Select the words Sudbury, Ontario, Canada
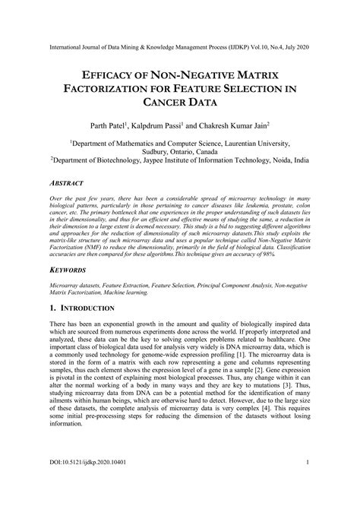180,150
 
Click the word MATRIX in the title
255,76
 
